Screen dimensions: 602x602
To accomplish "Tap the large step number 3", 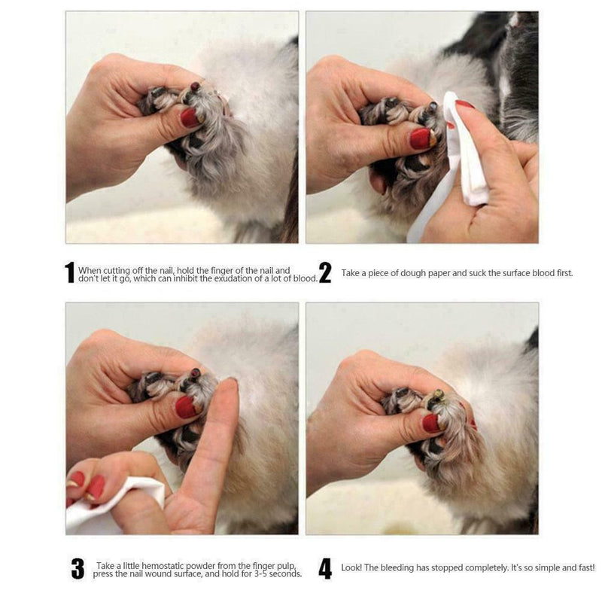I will click(77, 569).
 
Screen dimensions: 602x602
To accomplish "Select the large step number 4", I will click(325, 569).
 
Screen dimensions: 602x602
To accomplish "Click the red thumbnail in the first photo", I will click(189, 117).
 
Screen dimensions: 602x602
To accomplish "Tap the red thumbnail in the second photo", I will click(420, 138).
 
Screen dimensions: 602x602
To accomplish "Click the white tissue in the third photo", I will click(120, 500).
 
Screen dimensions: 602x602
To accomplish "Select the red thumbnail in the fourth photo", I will click(431, 423).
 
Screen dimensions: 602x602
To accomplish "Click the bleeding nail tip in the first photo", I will click(196, 87).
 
